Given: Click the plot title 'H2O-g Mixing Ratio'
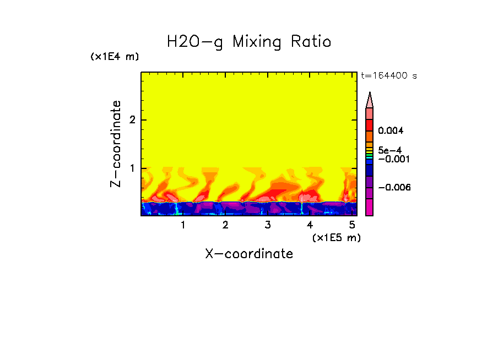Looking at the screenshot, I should pyautogui.click(x=249, y=42).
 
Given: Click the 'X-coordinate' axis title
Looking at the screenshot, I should pyautogui.click(x=249, y=254).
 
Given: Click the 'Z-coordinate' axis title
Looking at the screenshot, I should pyautogui.click(x=116, y=144).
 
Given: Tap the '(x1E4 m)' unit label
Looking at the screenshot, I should pyautogui.click(x=115, y=57).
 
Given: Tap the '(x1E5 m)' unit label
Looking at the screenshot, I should pyautogui.click(x=337, y=237).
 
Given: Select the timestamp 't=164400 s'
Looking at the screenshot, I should pyautogui.click(x=388, y=76).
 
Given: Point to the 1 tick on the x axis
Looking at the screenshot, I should pyautogui.click(x=183, y=225).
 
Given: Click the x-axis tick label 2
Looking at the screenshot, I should pyautogui.click(x=225, y=225).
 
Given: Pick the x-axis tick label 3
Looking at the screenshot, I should pyautogui.click(x=267, y=225).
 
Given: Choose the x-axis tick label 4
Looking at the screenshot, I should pyautogui.click(x=310, y=225).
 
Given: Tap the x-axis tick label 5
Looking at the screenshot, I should pyautogui.click(x=351, y=225).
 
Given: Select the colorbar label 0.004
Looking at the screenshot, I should pyautogui.click(x=391, y=131).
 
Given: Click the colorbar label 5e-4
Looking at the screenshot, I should pyautogui.click(x=389, y=150).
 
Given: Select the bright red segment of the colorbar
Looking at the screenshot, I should pyautogui.click(x=370, y=125).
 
